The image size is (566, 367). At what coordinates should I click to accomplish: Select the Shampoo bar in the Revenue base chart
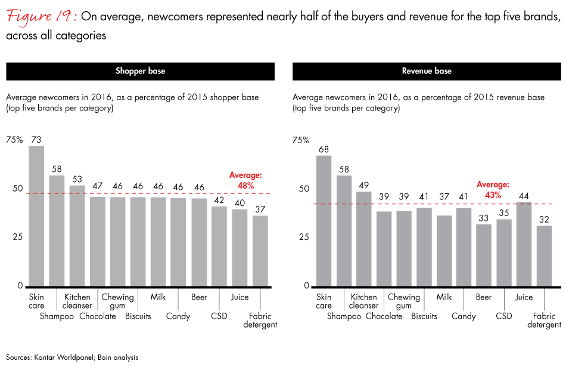(344, 230)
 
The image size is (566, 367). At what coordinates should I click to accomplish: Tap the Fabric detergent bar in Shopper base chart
(260, 251)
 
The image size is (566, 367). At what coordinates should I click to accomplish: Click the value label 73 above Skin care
(36, 139)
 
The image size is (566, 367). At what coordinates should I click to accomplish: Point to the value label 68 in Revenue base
(324, 149)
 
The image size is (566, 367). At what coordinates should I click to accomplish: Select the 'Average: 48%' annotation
(245, 180)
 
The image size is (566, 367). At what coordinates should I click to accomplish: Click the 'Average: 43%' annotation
(492, 190)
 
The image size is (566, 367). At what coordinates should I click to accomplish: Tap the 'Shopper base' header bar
(140, 71)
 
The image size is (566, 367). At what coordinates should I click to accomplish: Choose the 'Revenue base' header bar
(427, 71)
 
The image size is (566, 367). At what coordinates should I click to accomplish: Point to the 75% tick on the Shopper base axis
(14, 140)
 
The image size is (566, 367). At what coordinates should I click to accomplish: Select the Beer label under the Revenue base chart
(484, 297)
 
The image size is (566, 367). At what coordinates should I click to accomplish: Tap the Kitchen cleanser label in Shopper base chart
(77, 301)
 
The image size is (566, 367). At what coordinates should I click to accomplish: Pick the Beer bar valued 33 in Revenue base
(483, 255)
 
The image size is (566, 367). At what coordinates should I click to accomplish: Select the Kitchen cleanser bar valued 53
(77, 235)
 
